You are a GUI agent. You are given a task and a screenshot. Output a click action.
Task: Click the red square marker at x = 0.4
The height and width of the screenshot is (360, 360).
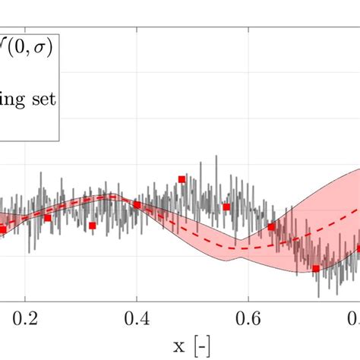click(137, 204)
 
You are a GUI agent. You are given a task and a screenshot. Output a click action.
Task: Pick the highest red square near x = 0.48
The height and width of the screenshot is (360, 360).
click(182, 179)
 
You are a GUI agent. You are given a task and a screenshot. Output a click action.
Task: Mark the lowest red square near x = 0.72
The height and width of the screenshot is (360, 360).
click(316, 268)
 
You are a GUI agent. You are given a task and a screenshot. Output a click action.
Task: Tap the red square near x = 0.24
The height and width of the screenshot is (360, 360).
click(47, 218)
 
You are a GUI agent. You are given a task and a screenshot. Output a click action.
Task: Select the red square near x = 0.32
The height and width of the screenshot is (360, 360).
click(92, 226)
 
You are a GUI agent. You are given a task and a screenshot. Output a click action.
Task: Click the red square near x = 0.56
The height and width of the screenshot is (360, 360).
click(226, 207)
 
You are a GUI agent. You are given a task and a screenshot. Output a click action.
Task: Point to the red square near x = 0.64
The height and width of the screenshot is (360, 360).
click(271, 227)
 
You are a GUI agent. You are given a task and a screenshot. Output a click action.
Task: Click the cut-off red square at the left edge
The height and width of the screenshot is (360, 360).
click(2, 229)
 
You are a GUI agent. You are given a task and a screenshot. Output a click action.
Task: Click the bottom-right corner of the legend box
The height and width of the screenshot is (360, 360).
click(60, 141)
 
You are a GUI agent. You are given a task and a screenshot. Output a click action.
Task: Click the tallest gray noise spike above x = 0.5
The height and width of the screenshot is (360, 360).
click(200, 162)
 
